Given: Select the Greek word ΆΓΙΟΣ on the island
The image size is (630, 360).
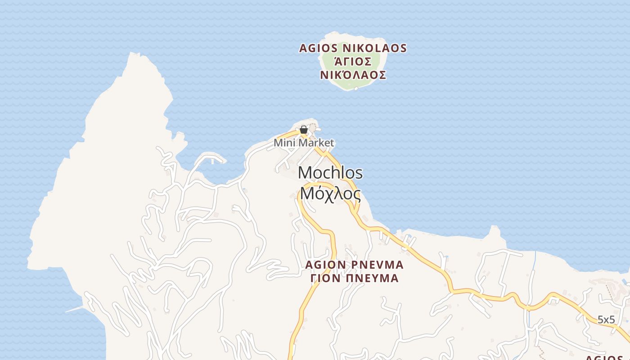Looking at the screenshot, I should pyautogui.click(x=353, y=62).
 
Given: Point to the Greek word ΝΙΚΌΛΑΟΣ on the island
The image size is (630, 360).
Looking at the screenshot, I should pyautogui.click(x=353, y=75).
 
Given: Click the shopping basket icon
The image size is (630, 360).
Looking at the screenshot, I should pyautogui.click(x=304, y=130).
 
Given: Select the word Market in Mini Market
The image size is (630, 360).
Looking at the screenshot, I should pyautogui.click(x=317, y=143).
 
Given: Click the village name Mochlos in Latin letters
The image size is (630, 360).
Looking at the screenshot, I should pyautogui.click(x=330, y=173).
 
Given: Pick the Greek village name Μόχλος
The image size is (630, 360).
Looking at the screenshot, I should pyautogui.click(x=330, y=194).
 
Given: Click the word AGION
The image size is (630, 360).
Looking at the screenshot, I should pyautogui.click(x=325, y=265).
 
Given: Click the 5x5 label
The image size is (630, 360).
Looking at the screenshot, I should pyautogui.click(x=606, y=320).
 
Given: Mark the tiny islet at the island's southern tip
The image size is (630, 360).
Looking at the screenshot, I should pyautogui.click(x=356, y=89).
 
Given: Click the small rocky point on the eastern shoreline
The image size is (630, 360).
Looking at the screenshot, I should pyautogui.click(x=495, y=229).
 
